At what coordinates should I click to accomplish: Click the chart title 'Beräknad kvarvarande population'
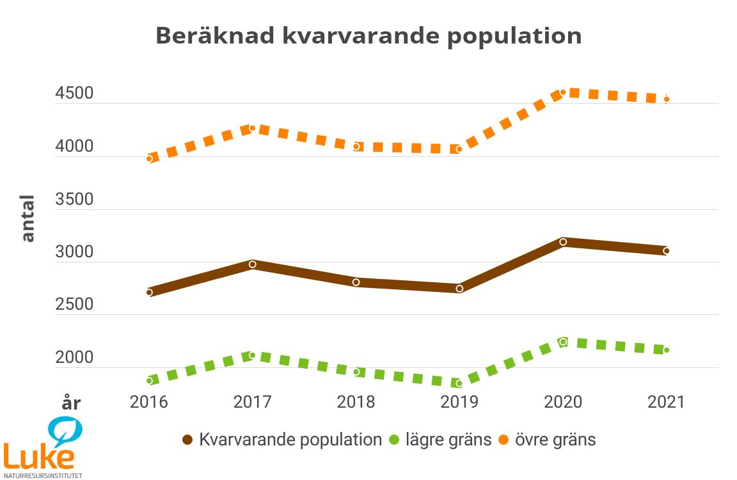(x=368, y=35)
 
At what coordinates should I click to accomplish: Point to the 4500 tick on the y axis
(x=74, y=94)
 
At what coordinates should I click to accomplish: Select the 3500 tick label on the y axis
(x=74, y=200)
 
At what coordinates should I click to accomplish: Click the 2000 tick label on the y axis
(x=74, y=358)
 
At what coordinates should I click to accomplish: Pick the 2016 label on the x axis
(x=148, y=402)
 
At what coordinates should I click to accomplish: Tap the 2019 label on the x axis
(x=459, y=402)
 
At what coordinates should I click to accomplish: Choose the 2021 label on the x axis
(x=666, y=402)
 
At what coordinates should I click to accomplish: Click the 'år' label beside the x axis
(x=70, y=404)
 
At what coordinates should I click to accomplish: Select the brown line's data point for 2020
(x=563, y=242)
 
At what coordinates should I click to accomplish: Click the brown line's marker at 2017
(x=253, y=264)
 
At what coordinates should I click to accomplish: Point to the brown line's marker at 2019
(x=459, y=289)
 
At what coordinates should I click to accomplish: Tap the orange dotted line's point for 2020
(x=563, y=92)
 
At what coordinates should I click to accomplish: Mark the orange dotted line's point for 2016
(x=149, y=158)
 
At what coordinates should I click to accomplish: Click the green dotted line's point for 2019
(x=459, y=383)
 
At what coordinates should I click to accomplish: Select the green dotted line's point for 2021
(x=666, y=350)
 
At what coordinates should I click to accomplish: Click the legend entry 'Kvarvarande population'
(x=281, y=440)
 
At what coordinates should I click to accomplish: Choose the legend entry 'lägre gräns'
(x=441, y=440)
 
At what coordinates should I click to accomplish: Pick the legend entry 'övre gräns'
(x=547, y=440)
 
